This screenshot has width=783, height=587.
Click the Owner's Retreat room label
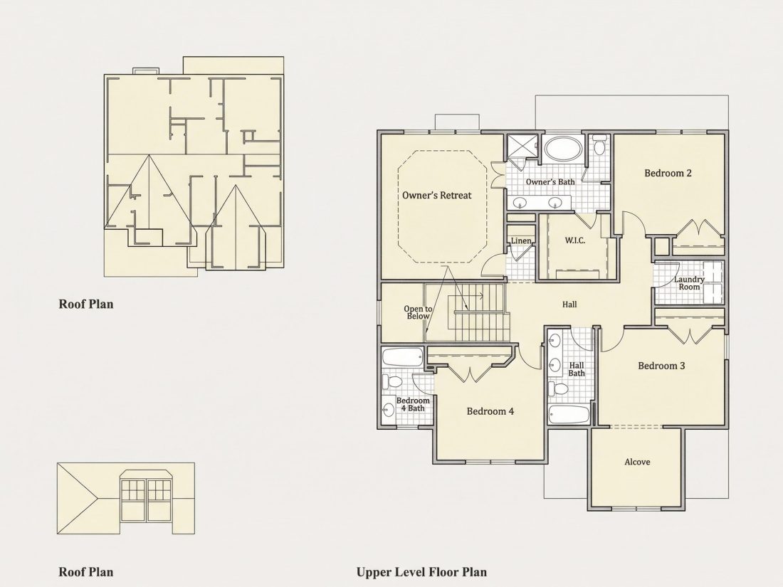437,195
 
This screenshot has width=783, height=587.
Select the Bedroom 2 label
668,173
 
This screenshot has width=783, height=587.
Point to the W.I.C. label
575,240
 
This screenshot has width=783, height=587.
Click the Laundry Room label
689,283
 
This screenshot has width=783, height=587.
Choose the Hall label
569,304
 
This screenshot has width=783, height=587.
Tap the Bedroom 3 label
662,366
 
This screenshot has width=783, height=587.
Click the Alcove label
637,462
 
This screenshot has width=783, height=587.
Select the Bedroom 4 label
490,411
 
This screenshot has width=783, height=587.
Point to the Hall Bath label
577,369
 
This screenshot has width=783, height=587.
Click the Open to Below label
418,312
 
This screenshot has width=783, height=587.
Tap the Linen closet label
521,241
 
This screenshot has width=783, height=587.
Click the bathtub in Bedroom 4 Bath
402,357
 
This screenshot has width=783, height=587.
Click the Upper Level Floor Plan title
421,572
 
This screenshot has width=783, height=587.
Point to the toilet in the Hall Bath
558,388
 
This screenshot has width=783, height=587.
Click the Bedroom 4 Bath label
413,404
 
